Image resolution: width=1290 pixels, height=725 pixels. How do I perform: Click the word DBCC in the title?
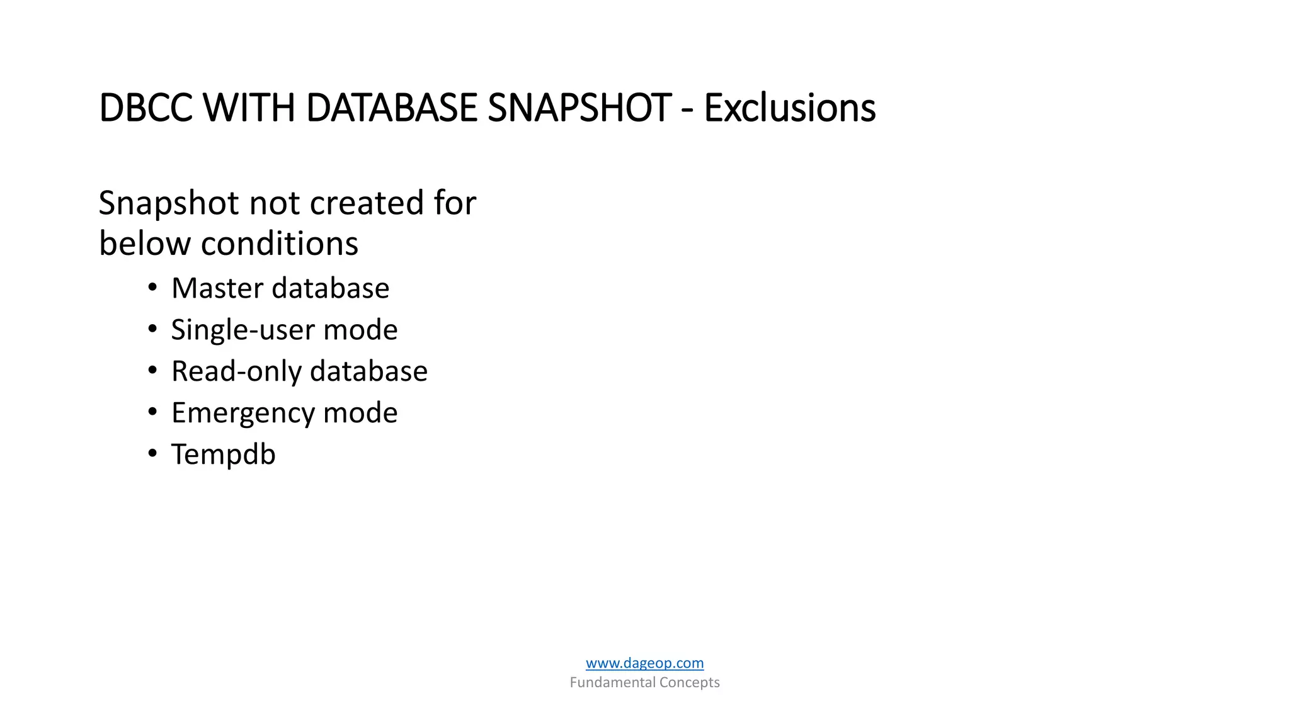146,108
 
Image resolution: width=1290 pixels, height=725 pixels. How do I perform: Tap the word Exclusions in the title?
789,108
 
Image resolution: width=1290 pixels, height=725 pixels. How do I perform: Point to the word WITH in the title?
249,108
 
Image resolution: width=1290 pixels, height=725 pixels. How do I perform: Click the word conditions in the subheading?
279,244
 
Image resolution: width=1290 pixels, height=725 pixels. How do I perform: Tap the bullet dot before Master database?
152,288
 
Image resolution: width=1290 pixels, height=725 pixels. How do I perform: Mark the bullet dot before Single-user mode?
152,330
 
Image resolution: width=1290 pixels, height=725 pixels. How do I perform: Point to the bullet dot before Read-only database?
152,371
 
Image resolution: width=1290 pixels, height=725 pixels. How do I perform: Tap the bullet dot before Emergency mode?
152,413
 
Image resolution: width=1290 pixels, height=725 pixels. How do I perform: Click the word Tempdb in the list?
223,454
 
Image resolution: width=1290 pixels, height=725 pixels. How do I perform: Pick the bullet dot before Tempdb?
152,454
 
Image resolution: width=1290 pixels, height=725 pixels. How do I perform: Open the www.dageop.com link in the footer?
644,663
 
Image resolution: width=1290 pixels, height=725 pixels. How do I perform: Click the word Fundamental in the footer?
612,682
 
